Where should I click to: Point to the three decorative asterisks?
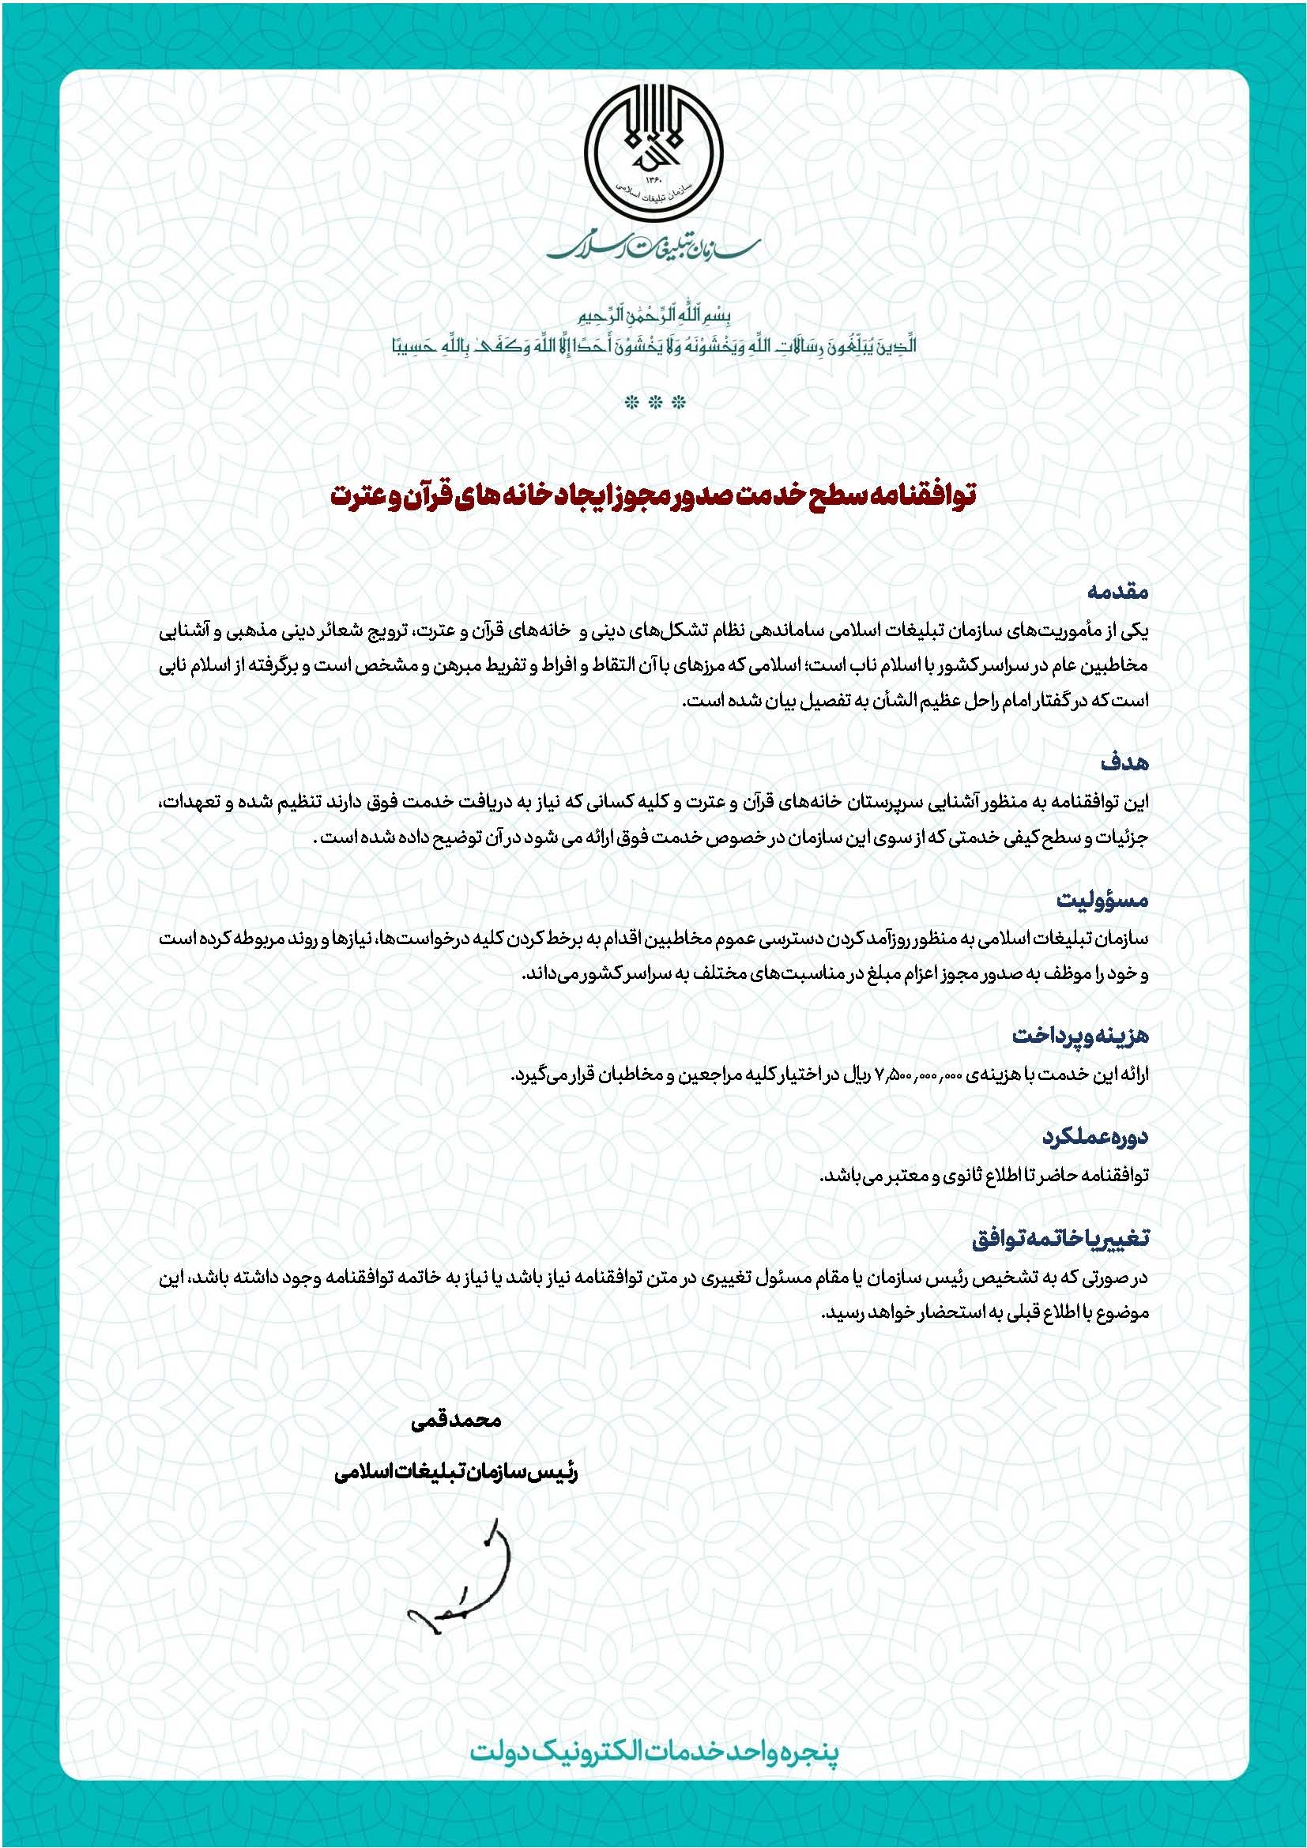[653, 401]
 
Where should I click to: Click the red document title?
[653, 493]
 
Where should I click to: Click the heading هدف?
[1130, 762]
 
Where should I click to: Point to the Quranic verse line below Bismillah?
[653, 345]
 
